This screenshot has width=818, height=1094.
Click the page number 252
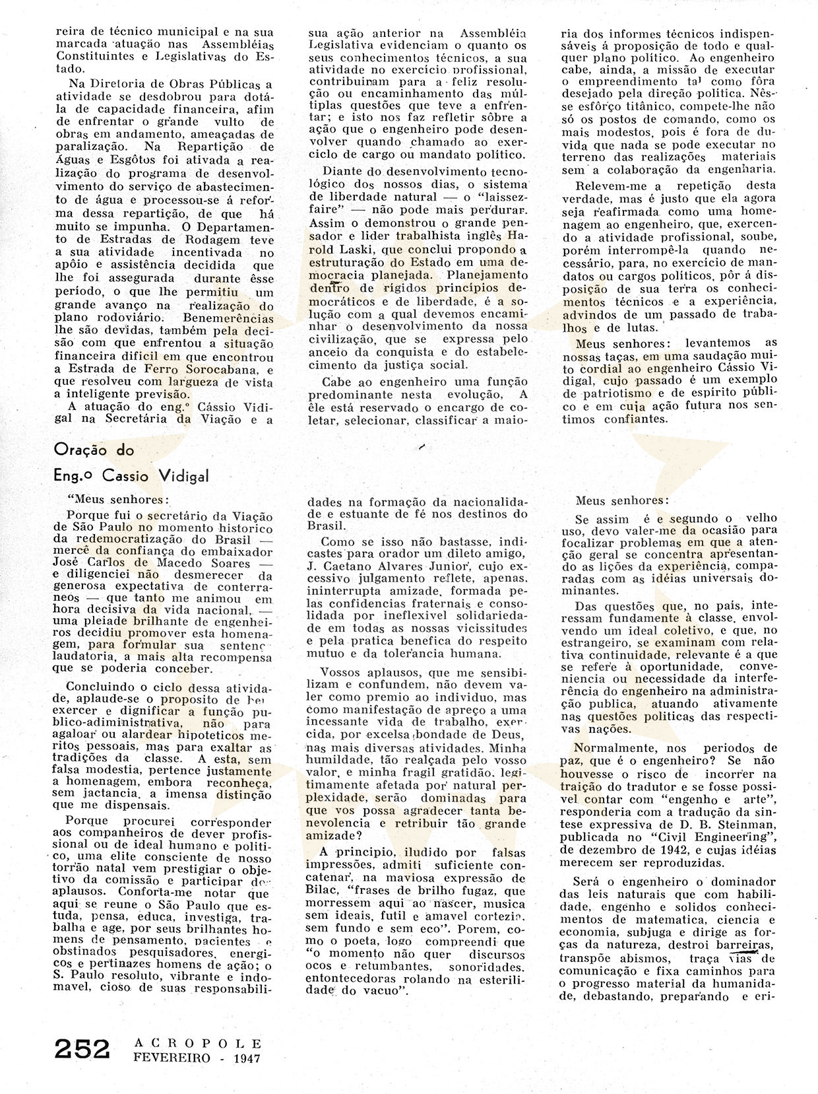[x=80, y=1049]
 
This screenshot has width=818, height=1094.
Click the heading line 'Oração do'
[x=94, y=450]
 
